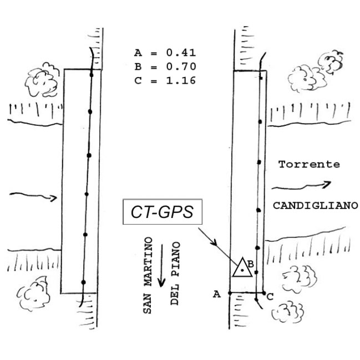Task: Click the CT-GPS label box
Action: pyautogui.click(x=163, y=213)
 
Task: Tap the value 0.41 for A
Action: pyautogui.click(x=180, y=54)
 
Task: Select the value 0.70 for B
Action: pyautogui.click(x=180, y=67)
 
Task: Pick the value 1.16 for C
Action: pyautogui.click(x=180, y=80)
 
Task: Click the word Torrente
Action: pyautogui.click(x=308, y=165)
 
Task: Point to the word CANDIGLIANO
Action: pyautogui.click(x=315, y=205)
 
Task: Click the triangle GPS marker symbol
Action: pyautogui.click(x=241, y=268)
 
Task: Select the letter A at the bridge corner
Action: pyautogui.click(x=217, y=295)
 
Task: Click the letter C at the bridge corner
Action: pyautogui.click(x=270, y=297)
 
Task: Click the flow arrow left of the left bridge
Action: pyautogui.click(x=33, y=196)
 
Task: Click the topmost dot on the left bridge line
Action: pyautogui.click(x=92, y=74)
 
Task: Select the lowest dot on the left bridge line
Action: pyautogui.click(x=83, y=282)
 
